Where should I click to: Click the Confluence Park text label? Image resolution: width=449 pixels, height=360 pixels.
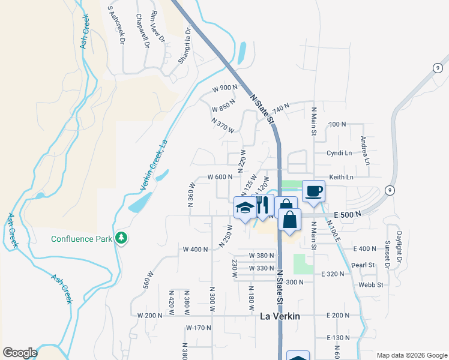82,238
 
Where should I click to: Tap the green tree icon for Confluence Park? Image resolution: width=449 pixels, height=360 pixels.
122,238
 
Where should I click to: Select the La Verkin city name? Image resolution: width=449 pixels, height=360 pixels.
280,316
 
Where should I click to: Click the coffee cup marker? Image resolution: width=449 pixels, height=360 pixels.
313,192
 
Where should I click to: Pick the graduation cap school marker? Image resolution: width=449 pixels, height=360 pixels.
244,208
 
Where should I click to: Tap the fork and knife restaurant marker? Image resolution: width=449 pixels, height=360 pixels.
263,205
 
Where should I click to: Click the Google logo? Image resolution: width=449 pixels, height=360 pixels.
20,353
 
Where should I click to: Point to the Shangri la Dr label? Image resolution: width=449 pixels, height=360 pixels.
184,46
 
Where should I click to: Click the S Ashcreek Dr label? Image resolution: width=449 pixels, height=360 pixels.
116,25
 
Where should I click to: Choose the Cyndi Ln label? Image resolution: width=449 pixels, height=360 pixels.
339,153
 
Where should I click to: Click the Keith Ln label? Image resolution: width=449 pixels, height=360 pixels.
341,177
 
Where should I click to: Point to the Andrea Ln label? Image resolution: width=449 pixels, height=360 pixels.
364,151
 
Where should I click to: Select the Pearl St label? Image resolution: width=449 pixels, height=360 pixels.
363,265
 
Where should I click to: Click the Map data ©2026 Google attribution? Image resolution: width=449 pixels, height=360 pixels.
411,355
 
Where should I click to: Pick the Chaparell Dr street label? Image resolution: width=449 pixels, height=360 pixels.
143,31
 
